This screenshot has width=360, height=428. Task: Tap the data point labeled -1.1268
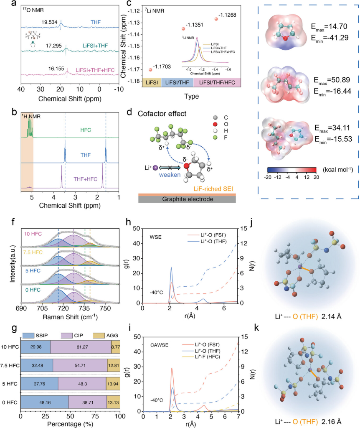tap(216, 19)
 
